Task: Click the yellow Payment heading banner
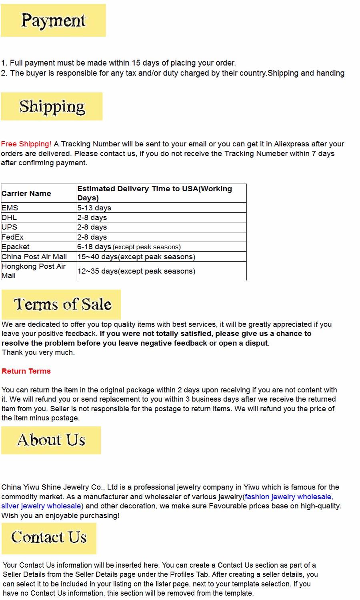pos(53,20)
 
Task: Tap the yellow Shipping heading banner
pos(52,106)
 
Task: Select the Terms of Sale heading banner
pos(61,304)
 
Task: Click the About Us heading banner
pos(51,440)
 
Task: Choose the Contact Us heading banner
pos(49,538)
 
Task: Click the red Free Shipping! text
pos(26,144)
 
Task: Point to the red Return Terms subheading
pos(26,371)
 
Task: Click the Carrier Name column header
pos(26,194)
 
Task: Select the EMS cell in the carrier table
pos(10,208)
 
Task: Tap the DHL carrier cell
pos(9,218)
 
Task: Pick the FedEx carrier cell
pos(12,237)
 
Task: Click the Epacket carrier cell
pos(16,247)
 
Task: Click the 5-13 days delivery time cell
pos(94,208)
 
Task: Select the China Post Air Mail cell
pos(34,257)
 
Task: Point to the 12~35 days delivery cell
pos(136,271)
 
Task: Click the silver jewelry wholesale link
pos(41,506)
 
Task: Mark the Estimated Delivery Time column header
pos(154,193)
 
